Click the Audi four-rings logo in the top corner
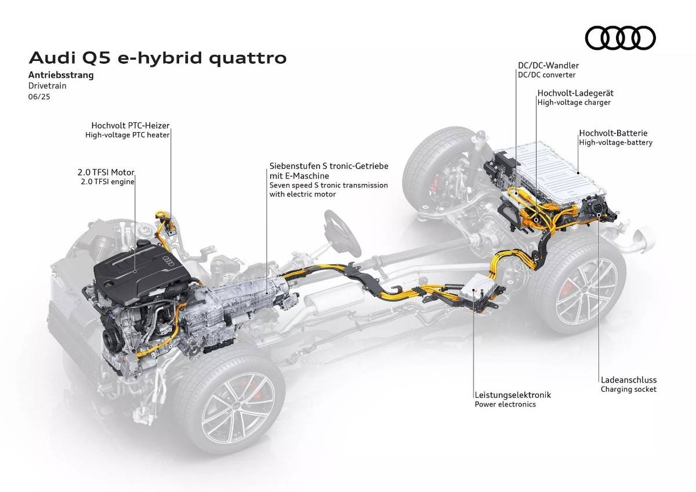point(620,38)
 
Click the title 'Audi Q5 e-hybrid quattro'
point(157,58)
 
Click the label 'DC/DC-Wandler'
point(548,65)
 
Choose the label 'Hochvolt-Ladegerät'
point(575,93)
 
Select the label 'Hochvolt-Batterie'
point(613,133)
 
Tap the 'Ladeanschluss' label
point(628,380)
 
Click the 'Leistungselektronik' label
point(512,395)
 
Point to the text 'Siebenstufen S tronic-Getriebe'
point(328,166)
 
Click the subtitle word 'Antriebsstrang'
point(60,75)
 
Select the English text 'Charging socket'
point(628,389)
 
